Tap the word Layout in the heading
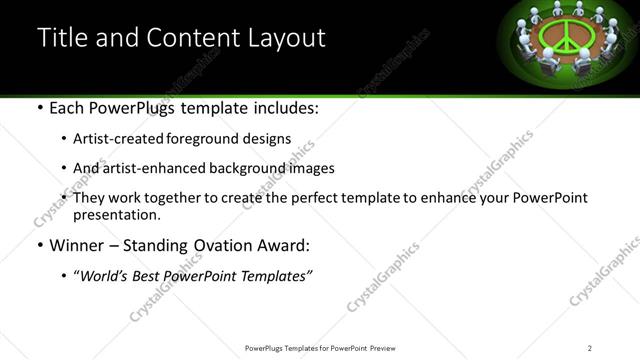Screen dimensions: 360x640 coord(285,38)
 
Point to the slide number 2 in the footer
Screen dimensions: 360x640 coord(590,347)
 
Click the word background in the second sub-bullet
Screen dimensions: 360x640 coord(242,168)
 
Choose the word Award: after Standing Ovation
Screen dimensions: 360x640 coord(290,245)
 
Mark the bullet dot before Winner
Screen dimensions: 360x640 coord(39,245)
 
